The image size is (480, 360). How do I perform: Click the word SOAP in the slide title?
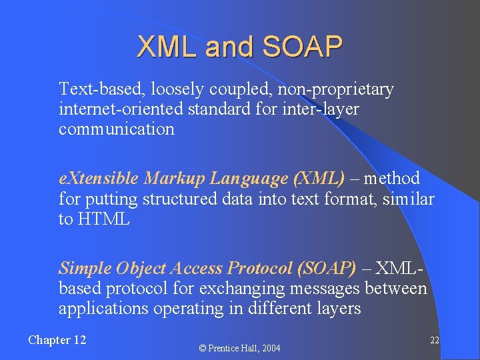(303, 47)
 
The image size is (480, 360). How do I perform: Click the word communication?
(116, 129)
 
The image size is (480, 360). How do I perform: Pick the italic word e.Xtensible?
(99, 179)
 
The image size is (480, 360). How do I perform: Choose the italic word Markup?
(175, 179)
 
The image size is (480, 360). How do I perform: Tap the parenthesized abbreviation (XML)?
(319, 179)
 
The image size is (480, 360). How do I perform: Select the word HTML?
(103, 219)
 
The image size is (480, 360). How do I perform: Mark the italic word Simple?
(85, 268)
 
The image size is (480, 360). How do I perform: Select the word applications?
(99, 308)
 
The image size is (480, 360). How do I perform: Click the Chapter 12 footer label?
(57, 340)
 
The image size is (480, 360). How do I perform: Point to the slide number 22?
(434, 340)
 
